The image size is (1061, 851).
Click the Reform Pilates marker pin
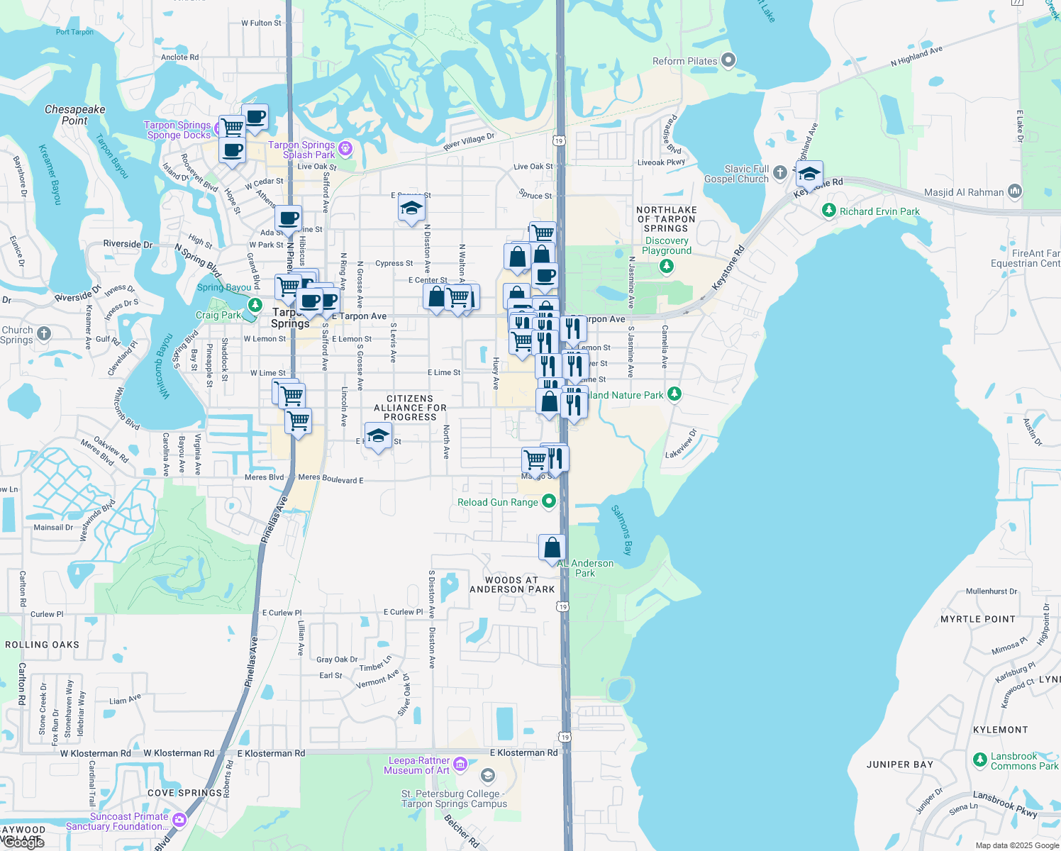(728, 61)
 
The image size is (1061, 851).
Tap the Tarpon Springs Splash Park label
(301, 150)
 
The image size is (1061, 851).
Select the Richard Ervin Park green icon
(828, 211)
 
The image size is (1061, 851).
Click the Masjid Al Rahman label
(964, 192)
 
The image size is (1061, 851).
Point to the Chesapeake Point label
(74, 115)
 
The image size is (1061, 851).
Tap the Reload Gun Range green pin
(548, 502)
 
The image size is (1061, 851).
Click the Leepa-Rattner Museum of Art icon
(460, 764)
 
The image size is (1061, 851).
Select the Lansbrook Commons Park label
(1024, 761)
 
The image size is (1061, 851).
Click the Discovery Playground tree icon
(666, 266)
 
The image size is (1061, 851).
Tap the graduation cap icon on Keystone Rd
(809, 174)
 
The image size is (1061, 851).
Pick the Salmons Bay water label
(621, 530)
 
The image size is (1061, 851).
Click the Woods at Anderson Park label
(512, 584)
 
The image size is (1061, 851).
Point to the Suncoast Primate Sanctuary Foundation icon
(179, 820)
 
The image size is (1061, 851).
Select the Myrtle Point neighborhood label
(977, 619)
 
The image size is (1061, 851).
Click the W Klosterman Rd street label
(96, 753)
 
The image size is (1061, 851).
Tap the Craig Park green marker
(255, 306)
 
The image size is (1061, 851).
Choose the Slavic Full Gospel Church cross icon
(780, 172)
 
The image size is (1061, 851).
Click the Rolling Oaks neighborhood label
(43, 645)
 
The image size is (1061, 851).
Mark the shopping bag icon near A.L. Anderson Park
(552, 548)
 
